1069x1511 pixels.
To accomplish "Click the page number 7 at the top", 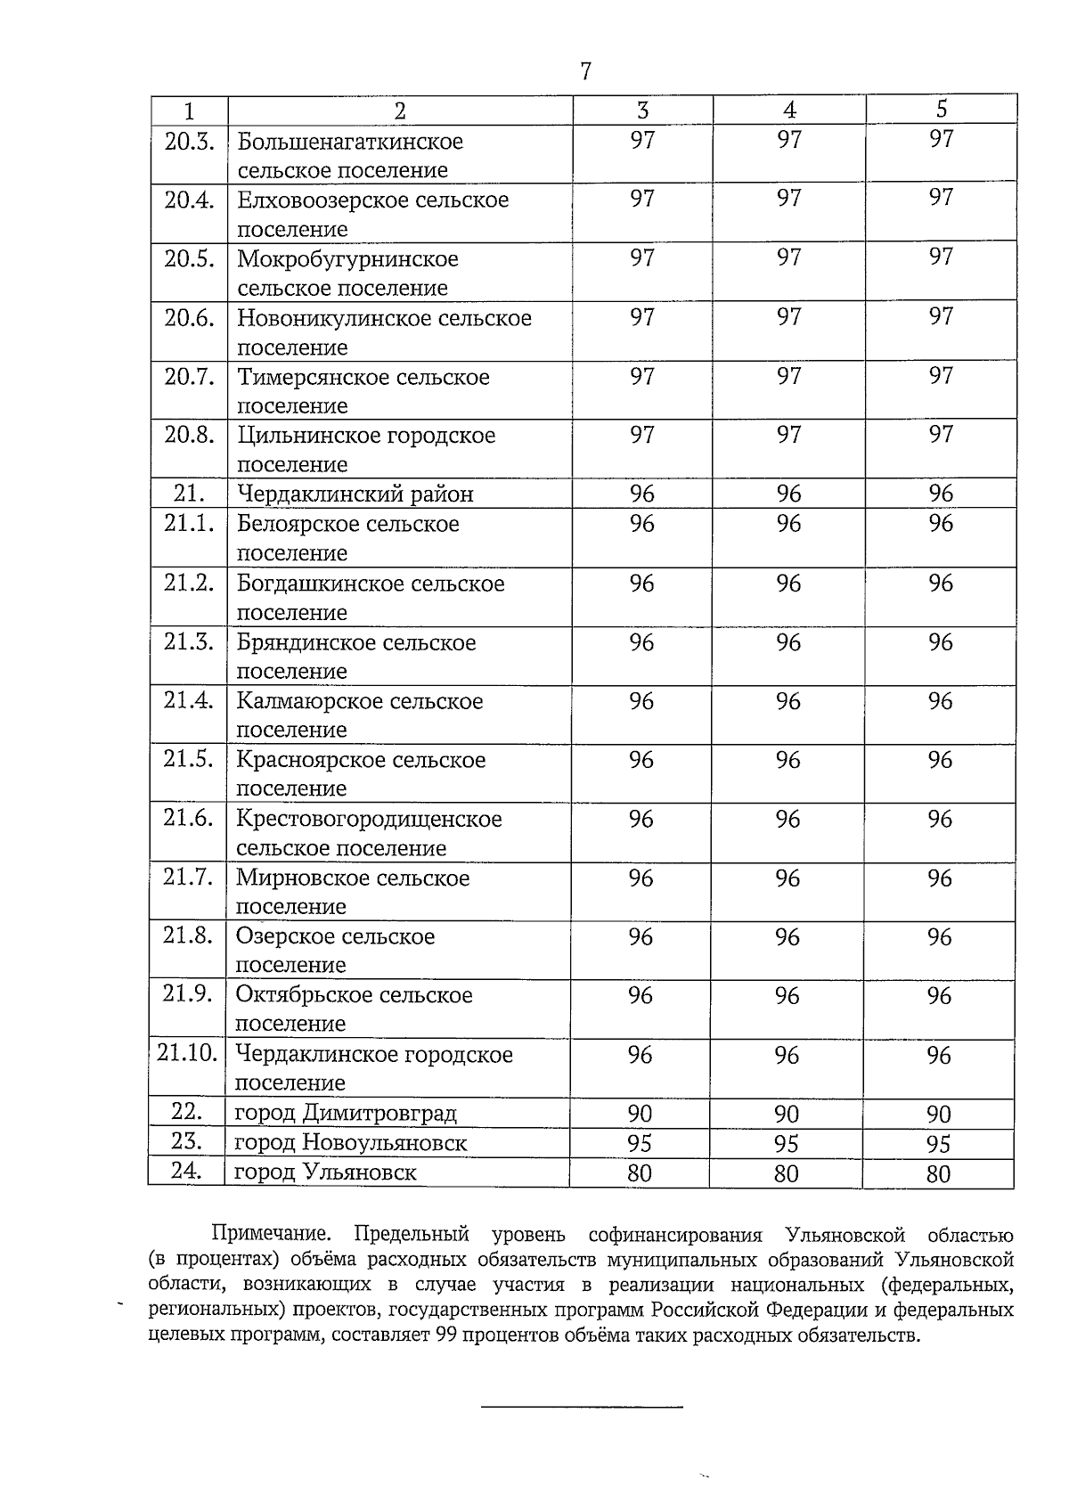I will (585, 72).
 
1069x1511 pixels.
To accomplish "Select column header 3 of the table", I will (642, 110).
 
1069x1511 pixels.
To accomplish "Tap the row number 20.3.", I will (189, 141).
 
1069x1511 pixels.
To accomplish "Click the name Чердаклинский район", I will (355, 494).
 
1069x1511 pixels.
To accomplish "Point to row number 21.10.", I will (187, 1053).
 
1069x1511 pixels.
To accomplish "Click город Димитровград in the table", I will (345, 1113).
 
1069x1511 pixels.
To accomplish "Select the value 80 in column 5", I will (938, 1173).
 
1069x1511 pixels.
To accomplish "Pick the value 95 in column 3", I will (640, 1143).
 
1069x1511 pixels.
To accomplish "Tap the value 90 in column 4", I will (787, 1114).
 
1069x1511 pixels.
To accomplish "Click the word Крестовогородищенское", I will (369, 819).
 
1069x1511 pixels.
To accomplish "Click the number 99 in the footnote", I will (446, 1335).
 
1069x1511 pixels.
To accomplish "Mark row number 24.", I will (185, 1171).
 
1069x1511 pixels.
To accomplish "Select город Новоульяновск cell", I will (350, 1142).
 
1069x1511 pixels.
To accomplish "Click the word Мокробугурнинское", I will (347, 259).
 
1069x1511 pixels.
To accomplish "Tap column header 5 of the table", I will (942, 110).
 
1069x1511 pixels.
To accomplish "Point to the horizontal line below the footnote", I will (582, 1407).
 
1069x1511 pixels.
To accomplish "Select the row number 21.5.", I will (188, 759).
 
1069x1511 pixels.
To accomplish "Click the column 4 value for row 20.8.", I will (788, 435).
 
